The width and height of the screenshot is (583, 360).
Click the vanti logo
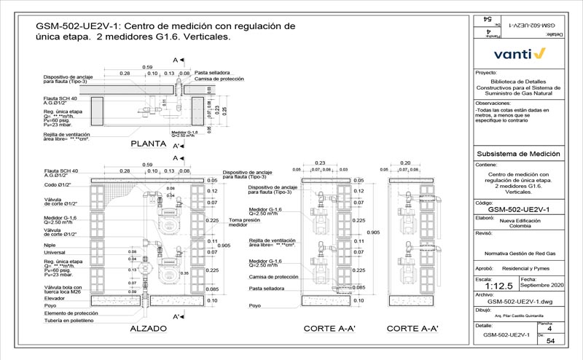[x=519, y=53]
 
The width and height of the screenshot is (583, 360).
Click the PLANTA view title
[x=150, y=144]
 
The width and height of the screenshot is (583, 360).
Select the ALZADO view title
[x=149, y=329]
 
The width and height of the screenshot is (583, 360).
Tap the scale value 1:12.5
[x=493, y=286]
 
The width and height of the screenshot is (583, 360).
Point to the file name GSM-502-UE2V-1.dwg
[x=518, y=300]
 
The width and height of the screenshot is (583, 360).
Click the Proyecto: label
[x=486, y=74]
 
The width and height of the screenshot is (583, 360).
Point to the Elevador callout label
[x=55, y=299]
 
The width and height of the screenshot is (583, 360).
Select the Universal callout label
[x=56, y=253]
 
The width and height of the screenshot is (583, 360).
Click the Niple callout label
[x=51, y=246]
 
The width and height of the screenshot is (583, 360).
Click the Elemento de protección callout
[x=70, y=313]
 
